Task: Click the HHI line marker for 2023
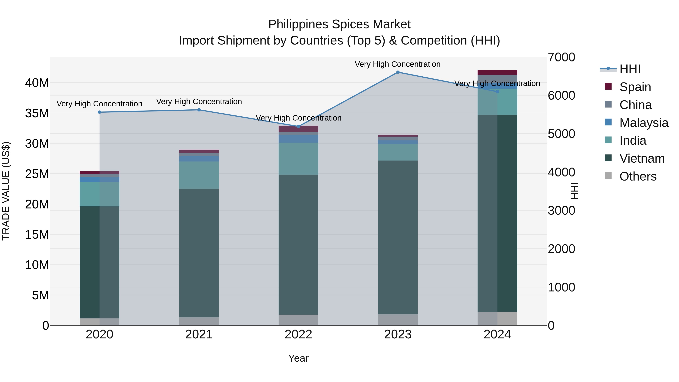coord(398,72)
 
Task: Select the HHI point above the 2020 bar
coord(100,112)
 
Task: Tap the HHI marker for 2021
coord(199,110)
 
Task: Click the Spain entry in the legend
coord(635,87)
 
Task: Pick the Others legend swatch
coord(608,176)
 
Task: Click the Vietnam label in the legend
coord(642,158)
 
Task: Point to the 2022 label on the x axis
coord(298,334)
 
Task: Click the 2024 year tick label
coord(497,334)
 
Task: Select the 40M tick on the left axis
coord(37,83)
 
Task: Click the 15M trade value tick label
coord(37,235)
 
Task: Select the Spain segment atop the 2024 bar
coord(497,72)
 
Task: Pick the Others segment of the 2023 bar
coord(398,320)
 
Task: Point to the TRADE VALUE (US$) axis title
coord(6,191)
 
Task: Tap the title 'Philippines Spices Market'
coord(339,25)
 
